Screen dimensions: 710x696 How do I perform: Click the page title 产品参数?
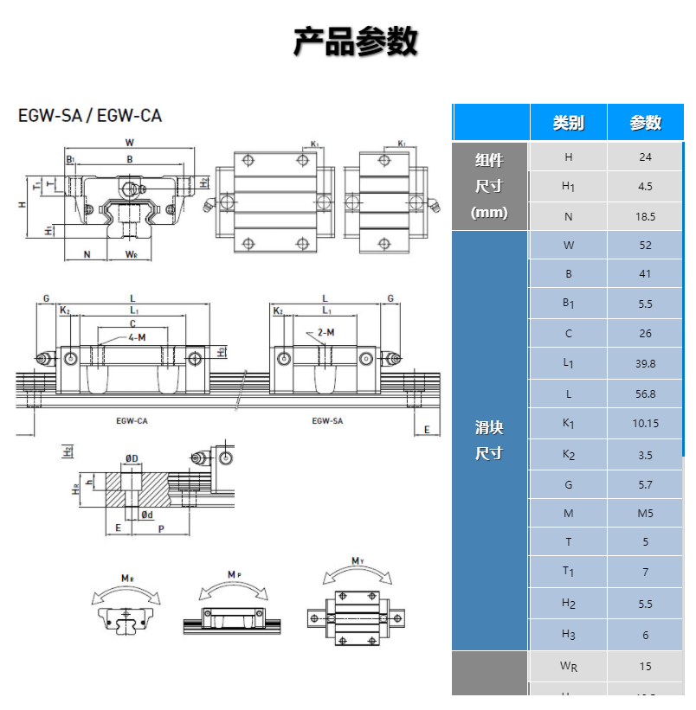[356, 42]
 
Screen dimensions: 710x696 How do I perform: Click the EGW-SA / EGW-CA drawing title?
[90, 115]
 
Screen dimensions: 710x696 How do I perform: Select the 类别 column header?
[568, 123]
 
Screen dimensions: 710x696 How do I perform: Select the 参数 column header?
[645, 123]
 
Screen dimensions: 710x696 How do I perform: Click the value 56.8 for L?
[645, 393]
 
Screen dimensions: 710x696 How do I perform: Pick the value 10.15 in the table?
[645, 424]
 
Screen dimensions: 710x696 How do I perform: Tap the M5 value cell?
[645, 514]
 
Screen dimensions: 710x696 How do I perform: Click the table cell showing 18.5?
[645, 217]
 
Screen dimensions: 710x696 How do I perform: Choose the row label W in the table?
[568, 245]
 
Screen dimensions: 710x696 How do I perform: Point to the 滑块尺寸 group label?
[489, 440]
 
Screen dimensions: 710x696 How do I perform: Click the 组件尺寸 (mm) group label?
[489, 186]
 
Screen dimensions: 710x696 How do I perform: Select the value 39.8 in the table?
[645, 364]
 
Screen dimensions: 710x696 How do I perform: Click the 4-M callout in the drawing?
[137, 336]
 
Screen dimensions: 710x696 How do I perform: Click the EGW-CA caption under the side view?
[132, 420]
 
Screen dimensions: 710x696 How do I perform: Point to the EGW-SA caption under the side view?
[326, 420]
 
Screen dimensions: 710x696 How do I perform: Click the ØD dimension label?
[132, 457]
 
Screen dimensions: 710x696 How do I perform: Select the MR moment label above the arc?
[126, 578]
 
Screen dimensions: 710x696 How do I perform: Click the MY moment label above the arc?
[357, 561]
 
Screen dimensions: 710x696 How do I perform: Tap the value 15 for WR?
[645, 666]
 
